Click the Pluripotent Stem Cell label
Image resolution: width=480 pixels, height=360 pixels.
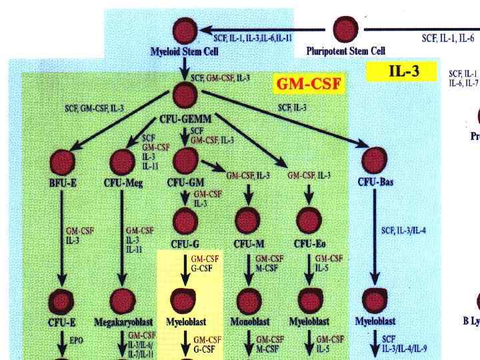pyautogui.click(x=345, y=50)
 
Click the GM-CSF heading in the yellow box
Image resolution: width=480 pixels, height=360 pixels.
pyautogui.click(x=309, y=84)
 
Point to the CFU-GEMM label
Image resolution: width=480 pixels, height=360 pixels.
pyautogui.click(x=185, y=119)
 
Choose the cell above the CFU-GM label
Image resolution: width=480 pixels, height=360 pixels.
pyautogui.click(x=185, y=160)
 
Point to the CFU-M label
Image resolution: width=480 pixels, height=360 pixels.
pyautogui.click(x=248, y=244)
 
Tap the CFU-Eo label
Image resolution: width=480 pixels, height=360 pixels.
pyautogui.click(x=309, y=244)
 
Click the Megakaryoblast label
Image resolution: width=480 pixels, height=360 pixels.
pyautogui.click(x=123, y=322)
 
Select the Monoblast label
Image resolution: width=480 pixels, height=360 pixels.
pyautogui.click(x=249, y=322)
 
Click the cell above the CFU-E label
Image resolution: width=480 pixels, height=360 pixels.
pyautogui.click(x=62, y=301)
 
